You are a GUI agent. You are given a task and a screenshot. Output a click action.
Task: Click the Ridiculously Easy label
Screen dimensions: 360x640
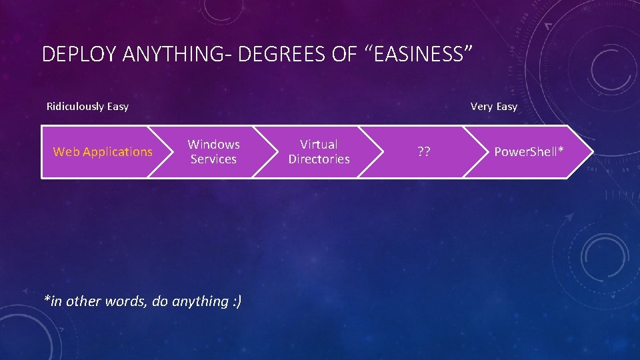(x=87, y=106)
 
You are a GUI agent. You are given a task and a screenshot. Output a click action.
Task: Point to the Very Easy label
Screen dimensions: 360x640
(x=493, y=106)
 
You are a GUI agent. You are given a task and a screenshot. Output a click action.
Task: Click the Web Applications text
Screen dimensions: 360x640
(x=103, y=152)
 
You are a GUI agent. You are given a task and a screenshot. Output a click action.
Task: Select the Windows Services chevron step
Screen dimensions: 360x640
(x=213, y=152)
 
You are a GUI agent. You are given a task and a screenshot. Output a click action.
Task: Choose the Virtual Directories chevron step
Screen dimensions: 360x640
(x=319, y=152)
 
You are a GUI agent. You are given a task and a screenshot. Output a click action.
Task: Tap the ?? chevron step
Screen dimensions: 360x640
(x=424, y=152)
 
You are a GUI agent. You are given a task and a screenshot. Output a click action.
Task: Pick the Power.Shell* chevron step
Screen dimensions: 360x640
(x=529, y=152)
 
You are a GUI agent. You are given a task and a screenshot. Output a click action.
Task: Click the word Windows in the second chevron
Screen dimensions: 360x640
(x=214, y=144)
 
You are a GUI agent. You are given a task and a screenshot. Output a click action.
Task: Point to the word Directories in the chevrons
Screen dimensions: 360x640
(x=319, y=159)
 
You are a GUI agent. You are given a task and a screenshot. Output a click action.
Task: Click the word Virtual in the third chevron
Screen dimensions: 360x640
(x=319, y=144)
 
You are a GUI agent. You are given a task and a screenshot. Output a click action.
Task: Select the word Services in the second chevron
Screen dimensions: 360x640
(x=213, y=159)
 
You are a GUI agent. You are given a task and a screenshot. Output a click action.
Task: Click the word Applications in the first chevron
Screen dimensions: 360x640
(x=118, y=152)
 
